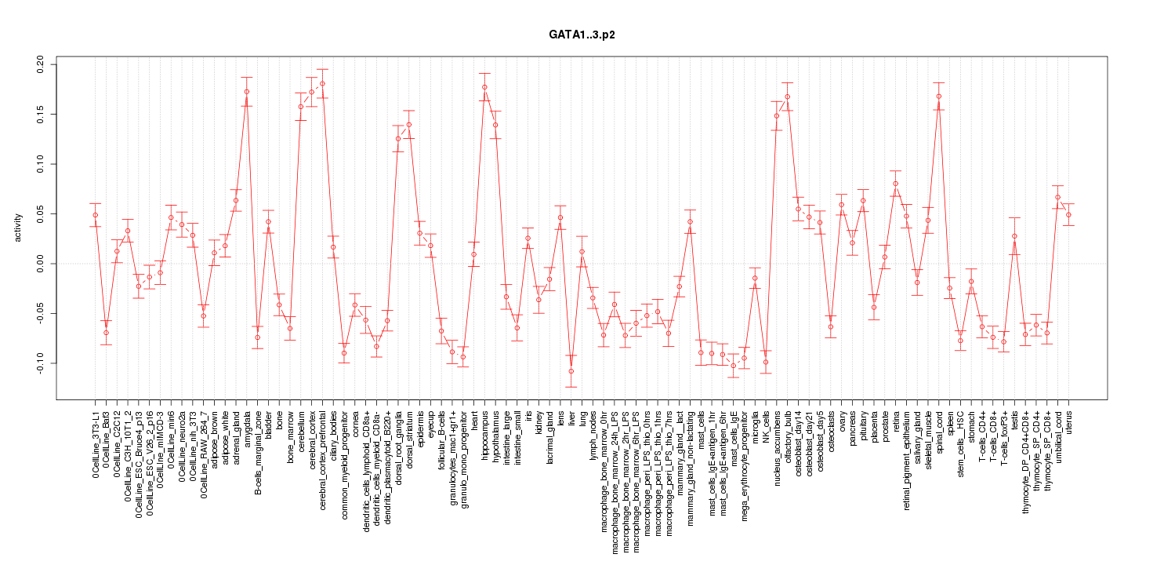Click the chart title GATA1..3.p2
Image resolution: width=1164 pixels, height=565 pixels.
[x=582, y=36]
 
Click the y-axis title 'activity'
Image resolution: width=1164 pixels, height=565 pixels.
[x=19, y=228]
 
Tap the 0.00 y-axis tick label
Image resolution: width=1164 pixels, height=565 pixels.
[x=41, y=264]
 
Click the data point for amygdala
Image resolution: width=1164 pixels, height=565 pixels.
[x=247, y=92]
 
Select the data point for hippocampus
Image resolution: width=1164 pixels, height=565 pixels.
[x=484, y=87]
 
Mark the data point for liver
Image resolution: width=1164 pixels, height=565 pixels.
[x=571, y=371]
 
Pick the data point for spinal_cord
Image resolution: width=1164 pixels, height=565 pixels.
[x=938, y=97]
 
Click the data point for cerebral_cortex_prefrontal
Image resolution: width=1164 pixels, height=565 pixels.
[x=322, y=83]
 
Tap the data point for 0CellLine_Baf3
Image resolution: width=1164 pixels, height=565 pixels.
[x=106, y=333]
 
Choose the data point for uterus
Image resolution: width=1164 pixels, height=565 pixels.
[x=1068, y=214]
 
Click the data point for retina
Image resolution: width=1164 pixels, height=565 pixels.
[x=895, y=184]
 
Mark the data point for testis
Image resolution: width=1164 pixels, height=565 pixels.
[x=1014, y=236]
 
